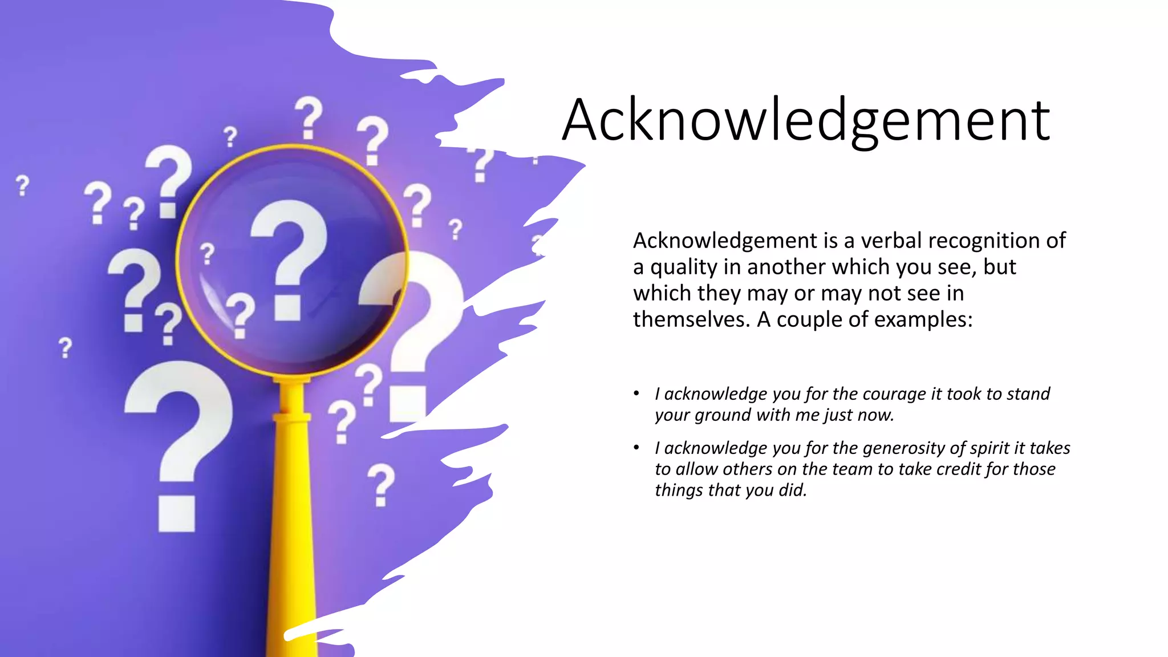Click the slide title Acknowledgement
[805, 120]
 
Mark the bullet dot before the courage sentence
[636, 394]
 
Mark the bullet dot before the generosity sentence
[636, 448]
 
